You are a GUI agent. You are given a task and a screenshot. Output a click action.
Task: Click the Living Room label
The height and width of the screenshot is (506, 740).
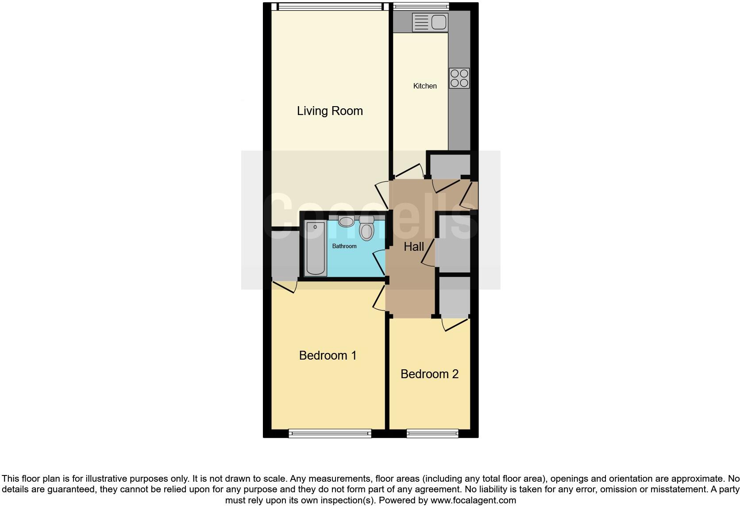330,111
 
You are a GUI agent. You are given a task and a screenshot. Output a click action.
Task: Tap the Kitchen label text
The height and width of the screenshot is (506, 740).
425,86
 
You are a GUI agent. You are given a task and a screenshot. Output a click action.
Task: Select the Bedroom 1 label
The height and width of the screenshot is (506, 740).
328,355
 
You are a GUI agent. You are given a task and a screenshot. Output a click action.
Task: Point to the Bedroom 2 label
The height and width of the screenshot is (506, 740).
429,374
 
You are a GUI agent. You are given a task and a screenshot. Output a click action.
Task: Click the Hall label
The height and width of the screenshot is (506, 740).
414,247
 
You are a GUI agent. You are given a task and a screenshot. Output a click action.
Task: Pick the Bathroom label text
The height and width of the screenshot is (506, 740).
344,246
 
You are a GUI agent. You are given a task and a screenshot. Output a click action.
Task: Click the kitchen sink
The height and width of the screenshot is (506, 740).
430,22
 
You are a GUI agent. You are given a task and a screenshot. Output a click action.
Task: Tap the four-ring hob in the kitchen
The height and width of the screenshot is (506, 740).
459,78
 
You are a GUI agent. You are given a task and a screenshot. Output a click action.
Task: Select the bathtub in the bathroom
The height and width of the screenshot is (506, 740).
315,249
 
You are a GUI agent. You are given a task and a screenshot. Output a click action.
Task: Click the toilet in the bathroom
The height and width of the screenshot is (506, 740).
366,228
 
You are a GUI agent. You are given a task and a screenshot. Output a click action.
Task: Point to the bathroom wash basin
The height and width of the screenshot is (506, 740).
346,221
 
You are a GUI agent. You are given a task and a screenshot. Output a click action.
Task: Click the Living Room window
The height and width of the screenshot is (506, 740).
330,6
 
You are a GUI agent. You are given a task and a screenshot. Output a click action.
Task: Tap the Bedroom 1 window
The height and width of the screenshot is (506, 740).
330,433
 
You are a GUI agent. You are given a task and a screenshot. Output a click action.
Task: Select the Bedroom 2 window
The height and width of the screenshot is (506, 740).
432,433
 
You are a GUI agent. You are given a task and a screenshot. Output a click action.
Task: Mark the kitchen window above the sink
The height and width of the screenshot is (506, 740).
421,6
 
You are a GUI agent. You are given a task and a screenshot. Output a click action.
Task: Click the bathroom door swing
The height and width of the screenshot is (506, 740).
379,263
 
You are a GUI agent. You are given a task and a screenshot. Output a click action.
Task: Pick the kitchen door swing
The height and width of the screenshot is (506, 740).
410,172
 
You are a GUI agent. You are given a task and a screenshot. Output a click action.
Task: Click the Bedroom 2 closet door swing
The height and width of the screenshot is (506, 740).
455,325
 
